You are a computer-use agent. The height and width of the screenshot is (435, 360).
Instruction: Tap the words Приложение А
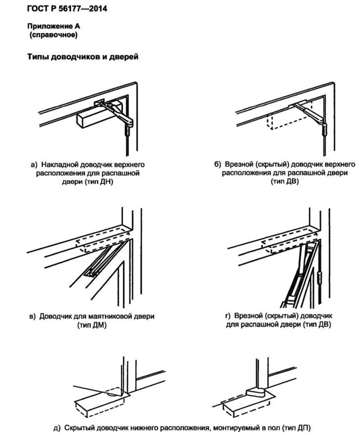click(51, 27)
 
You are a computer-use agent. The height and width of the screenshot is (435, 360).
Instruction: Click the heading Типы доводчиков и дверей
click(83, 57)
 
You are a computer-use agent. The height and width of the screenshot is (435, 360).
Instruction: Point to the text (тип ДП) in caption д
click(294, 427)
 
